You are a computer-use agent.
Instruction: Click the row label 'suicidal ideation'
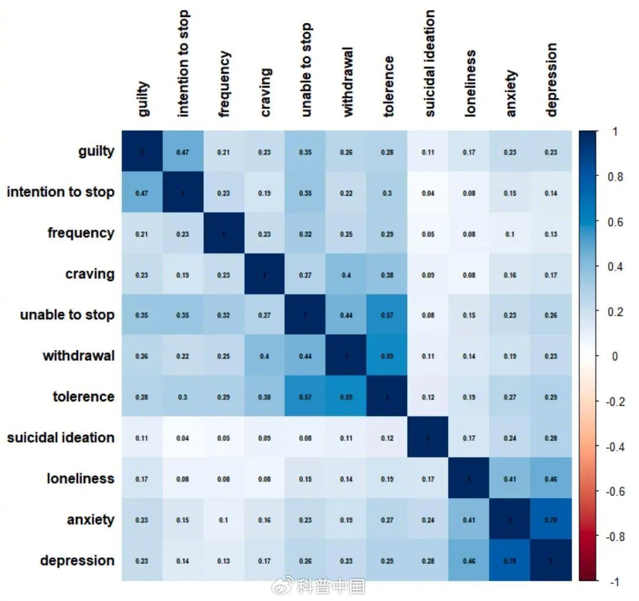coord(60,438)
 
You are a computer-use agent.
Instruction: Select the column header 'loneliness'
coord(469,83)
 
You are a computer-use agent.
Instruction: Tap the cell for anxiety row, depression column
coord(551,519)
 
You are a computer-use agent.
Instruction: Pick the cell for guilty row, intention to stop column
coord(183,152)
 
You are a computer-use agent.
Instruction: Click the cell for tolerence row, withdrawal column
coord(347,397)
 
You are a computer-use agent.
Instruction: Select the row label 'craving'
coord(90,274)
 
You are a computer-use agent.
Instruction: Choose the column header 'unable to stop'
coord(305,70)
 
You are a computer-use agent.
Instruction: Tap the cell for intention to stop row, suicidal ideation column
coord(428,193)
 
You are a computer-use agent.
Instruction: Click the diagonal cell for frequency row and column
coord(224,234)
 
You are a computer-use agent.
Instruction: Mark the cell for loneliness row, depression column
coord(551,479)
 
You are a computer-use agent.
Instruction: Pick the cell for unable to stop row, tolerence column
coord(388,315)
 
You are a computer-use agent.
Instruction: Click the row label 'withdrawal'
coord(79,356)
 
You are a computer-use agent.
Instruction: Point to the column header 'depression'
coord(551,80)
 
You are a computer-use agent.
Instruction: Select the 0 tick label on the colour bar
coord(614,356)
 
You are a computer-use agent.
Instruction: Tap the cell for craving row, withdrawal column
coord(347,274)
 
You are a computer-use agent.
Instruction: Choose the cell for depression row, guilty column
coord(142,560)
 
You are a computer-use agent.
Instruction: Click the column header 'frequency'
coord(224,84)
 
